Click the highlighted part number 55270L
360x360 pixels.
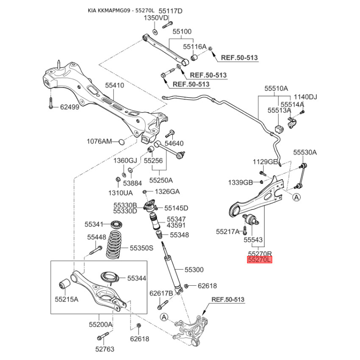pyautogui.click(x=260, y=260)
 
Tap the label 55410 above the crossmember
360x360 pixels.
pyautogui.click(x=115, y=85)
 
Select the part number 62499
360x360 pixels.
pyautogui.click(x=70, y=107)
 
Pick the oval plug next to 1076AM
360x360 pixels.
pyautogui.click(x=121, y=142)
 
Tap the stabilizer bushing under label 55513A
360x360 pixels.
pyautogui.click(x=279, y=129)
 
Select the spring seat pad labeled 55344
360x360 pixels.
pyautogui.click(x=110, y=278)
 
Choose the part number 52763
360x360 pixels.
pyautogui.click(x=105, y=349)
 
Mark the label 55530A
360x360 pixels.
pyautogui.click(x=305, y=152)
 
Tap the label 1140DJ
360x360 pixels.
pyautogui.click(x=306, y=97)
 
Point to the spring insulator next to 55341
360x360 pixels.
pyautogui.click(x=116, y=224)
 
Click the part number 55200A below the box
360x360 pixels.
pyautogui.click(x=100, y=324)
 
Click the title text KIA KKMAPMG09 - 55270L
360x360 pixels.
pyautogui.click(x=121, y=10)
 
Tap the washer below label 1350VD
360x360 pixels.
pyautogui.click(x=155, y=32)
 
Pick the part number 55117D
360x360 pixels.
pyautogui.click(x=171, y=11)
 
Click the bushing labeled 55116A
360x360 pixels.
pyautogui.click(x=195, y=58)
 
